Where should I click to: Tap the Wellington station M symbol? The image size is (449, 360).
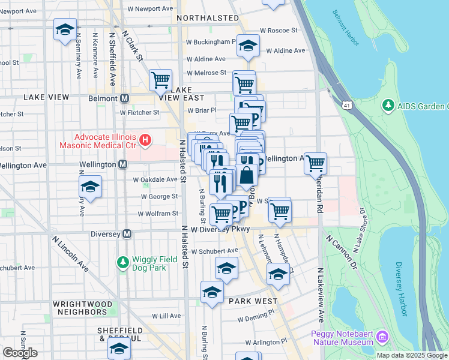point(122,164)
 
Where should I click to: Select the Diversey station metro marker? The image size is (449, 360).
point(127,234)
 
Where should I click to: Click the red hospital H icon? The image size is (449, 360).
point(145,141)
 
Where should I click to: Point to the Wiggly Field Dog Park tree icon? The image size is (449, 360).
point(123,263)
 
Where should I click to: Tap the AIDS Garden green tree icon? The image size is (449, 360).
point(388,106)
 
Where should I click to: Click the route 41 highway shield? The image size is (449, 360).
point(347,106)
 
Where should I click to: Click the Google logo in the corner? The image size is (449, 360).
point(20,353)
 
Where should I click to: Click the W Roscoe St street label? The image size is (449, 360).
point(278,31)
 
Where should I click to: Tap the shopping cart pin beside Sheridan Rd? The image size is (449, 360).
point(315,162)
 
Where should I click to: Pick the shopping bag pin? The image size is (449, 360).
point(247,176)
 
